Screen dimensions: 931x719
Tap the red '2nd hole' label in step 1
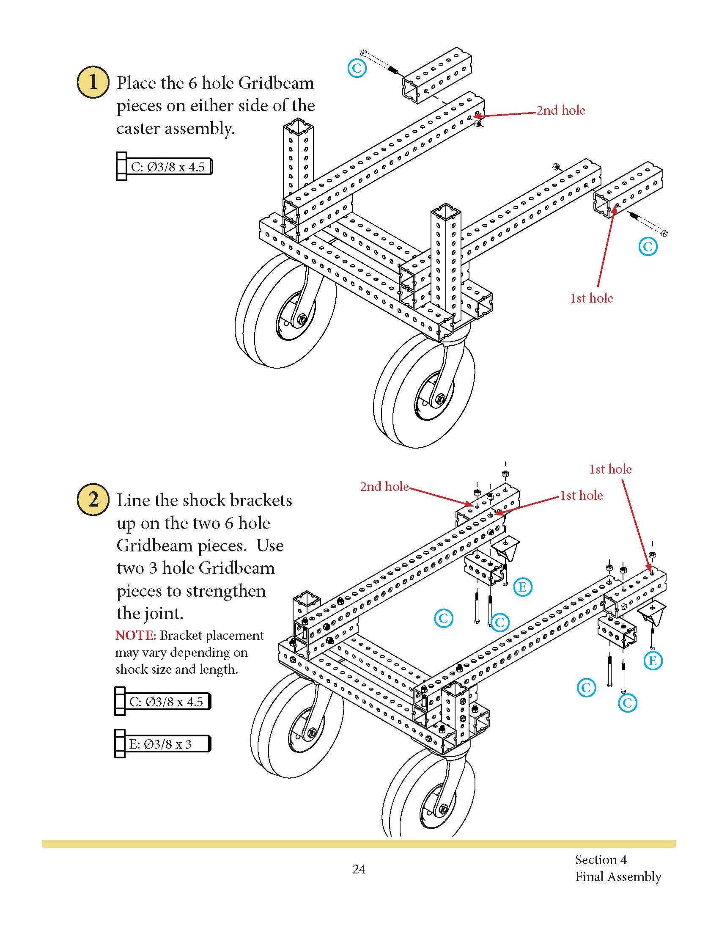[x=560, y=110]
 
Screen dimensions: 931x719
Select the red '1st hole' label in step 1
[x=591, y=298]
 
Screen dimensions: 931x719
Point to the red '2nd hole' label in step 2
[x=384, y=486]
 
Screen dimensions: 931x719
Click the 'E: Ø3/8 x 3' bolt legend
[x=162, y=744]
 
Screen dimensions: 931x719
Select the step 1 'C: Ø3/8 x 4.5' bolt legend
[x=164, y=167]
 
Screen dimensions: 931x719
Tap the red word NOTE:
[x=136, y=636]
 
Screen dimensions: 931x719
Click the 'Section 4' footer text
[x=601, y=859]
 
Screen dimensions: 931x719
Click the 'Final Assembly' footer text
[x=617, y=876]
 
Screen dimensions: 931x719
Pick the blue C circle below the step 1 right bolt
[x=648, y=246]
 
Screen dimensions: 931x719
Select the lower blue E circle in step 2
[x=653, y=661]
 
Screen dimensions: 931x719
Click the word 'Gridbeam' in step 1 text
[x=276, y=83]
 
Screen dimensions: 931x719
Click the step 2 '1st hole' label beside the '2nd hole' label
[x=581, y=496]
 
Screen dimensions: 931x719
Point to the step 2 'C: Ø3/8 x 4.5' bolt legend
[x=163, y=702]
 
